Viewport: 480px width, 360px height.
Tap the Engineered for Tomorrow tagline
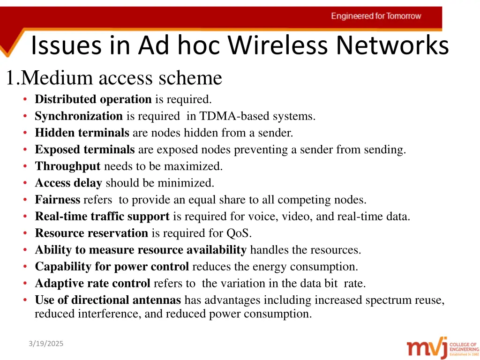(376, 16)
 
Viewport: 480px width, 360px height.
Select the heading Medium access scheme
(121, 78)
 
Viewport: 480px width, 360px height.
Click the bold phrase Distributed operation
(93, 99)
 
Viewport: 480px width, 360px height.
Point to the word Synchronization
(79, 116)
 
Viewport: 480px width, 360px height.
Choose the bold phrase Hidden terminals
(82, 133)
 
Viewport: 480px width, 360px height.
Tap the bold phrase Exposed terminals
(85, 150)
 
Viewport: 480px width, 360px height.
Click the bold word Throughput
(68, 166)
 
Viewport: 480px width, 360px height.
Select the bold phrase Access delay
(68, 183)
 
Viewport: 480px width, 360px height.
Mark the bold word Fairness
(58, 200)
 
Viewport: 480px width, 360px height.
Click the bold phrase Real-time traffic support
(102, 217)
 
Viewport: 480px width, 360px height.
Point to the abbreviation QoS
(241, 233)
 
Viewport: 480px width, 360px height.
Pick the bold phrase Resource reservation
(91, 233)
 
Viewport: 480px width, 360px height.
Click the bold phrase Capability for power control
(112, 267)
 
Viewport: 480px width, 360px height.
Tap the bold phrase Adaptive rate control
(93, 284)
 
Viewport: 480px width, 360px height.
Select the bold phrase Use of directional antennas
(108, 300)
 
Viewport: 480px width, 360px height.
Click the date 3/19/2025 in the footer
(45, 344)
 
